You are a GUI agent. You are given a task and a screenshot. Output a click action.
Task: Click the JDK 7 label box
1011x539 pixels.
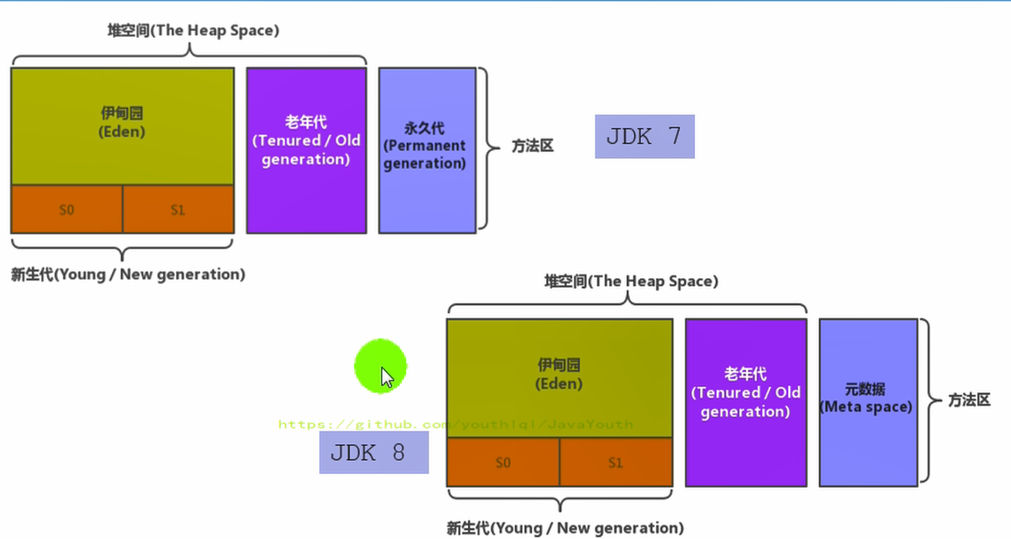click(644, 137)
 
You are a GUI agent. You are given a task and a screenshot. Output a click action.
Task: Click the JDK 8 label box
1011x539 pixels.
click(374, 453)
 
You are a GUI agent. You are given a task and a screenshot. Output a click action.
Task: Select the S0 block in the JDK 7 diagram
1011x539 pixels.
click(66, 209)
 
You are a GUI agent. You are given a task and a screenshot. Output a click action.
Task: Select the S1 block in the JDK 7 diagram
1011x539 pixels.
click(178, 209)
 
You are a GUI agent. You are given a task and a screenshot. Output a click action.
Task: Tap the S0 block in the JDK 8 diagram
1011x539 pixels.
click(503, 463)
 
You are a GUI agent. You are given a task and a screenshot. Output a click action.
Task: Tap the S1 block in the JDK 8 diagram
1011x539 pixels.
click(616, 463)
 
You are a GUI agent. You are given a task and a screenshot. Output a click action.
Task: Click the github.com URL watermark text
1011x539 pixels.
click(456, 425)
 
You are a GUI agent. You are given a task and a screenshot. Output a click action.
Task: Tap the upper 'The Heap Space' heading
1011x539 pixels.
click(193, 31)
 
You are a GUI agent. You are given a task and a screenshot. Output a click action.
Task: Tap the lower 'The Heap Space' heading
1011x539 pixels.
click(631, 282)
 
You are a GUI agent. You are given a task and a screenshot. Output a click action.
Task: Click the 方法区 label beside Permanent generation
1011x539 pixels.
click(532, 146)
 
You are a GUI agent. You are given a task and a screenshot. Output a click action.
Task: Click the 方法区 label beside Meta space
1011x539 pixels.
click(969, 401)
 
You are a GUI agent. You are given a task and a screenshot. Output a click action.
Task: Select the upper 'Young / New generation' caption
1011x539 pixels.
click(127, 274)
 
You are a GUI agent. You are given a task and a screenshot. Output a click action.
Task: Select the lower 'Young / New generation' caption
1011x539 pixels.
click(565, 528)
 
